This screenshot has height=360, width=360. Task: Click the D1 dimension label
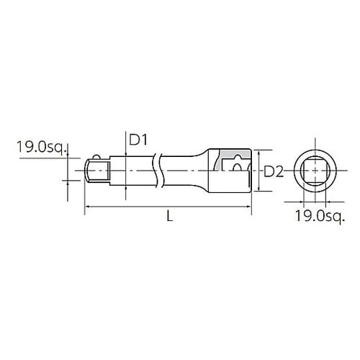[x=138, y=140]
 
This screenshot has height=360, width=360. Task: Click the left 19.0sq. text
[x=41, y=147]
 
